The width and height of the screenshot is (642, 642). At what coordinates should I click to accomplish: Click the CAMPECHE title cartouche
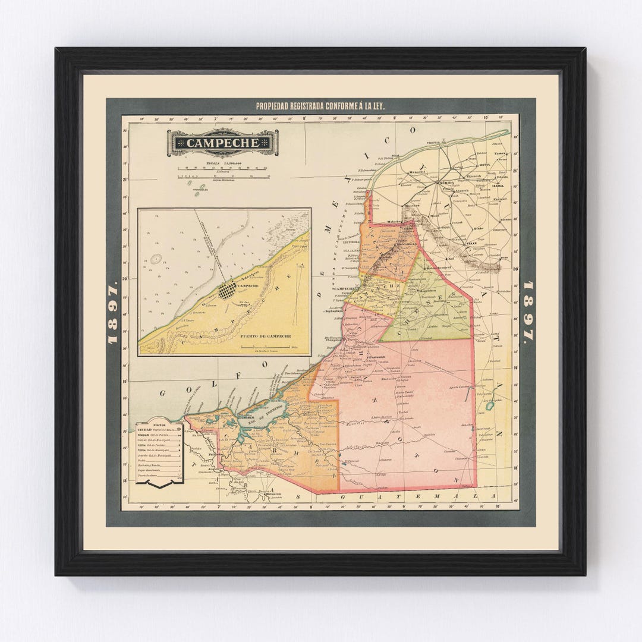pos(222,143)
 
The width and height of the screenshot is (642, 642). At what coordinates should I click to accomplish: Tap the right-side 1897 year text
pos(528,312)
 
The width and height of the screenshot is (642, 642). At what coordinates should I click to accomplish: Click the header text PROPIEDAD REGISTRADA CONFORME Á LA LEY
pos(320,106)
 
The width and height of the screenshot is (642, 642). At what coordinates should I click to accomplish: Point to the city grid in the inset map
pos(226,291)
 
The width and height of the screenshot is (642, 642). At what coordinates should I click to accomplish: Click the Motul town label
pos(481,166)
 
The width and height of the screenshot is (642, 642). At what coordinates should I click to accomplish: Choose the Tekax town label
pos(471,243)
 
